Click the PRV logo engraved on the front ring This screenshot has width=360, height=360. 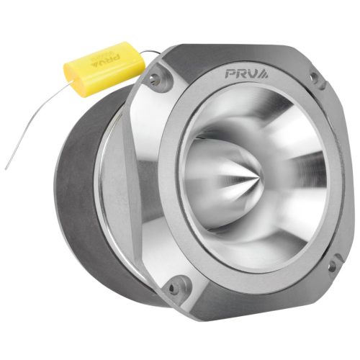(x=247, y=73)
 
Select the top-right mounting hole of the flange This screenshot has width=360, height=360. (x=314, y=77)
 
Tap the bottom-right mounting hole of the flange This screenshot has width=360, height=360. (x=333, y=265)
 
